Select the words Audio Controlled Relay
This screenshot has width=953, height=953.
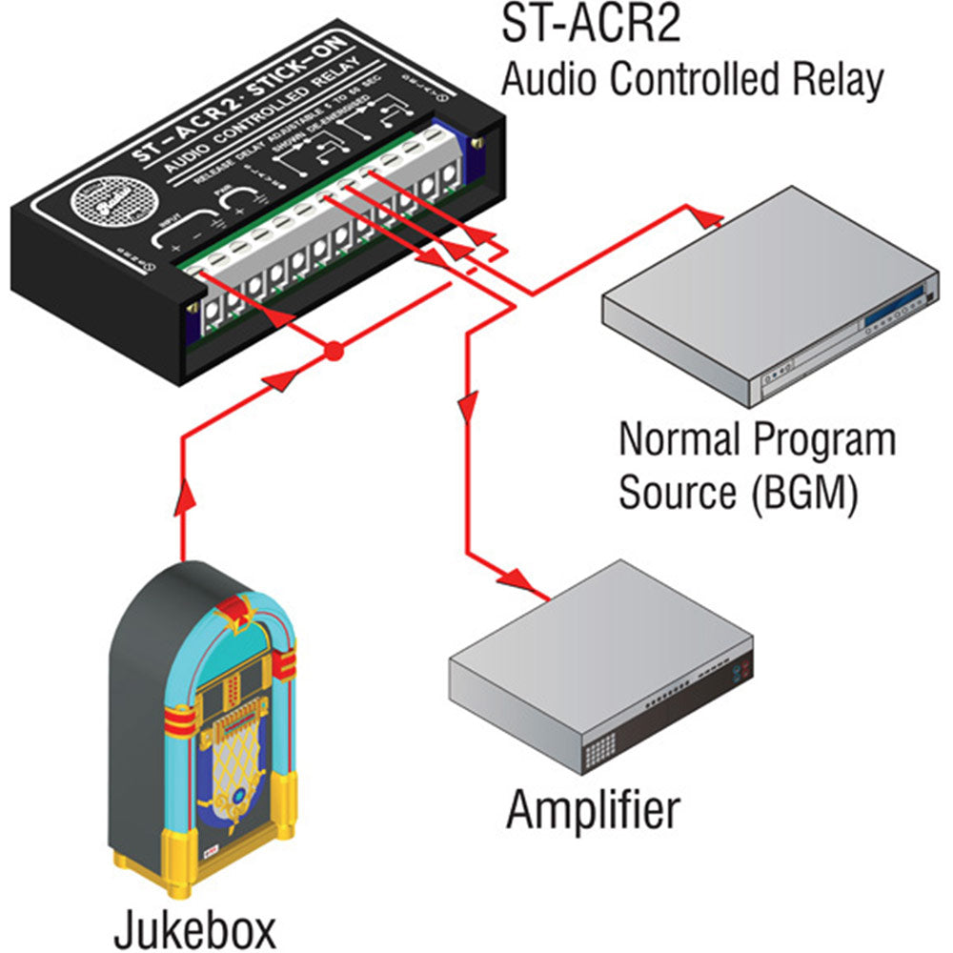pos(692,80)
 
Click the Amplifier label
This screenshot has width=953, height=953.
pos(593,810)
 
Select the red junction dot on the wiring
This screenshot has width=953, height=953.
pos(333,353)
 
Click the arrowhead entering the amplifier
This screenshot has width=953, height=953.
pos(517,578)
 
